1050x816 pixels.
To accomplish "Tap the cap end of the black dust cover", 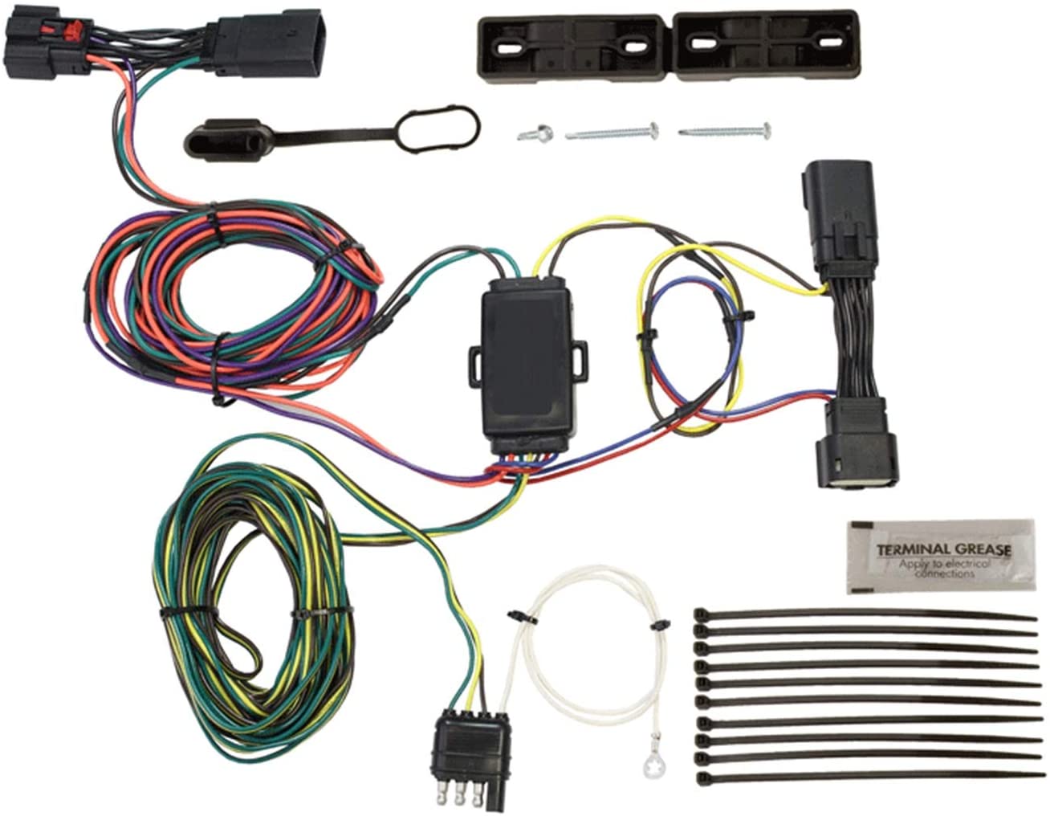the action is pos(223,138).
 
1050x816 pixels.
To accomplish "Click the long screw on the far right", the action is pos(725,130).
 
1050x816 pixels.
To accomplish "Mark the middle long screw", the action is pos(612,131).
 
